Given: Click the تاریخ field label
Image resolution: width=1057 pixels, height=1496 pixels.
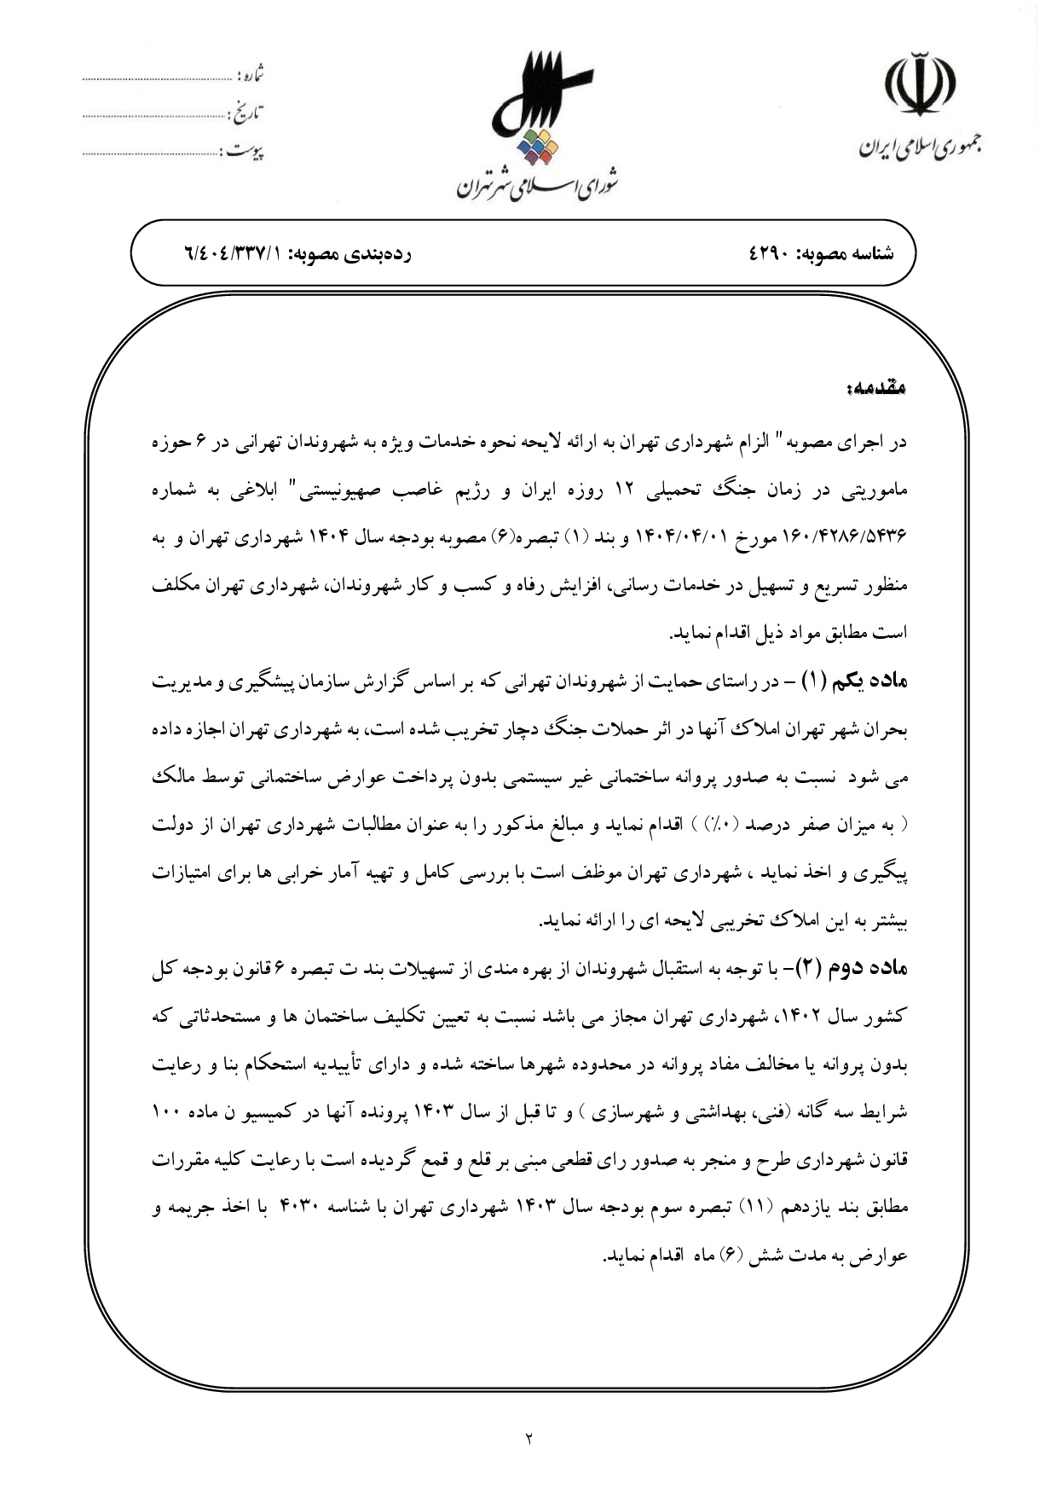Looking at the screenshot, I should pyautogui.click(x=246, y=112).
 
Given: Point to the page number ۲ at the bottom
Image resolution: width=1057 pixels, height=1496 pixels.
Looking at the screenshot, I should pyautogui.click(x=528, y=1438).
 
